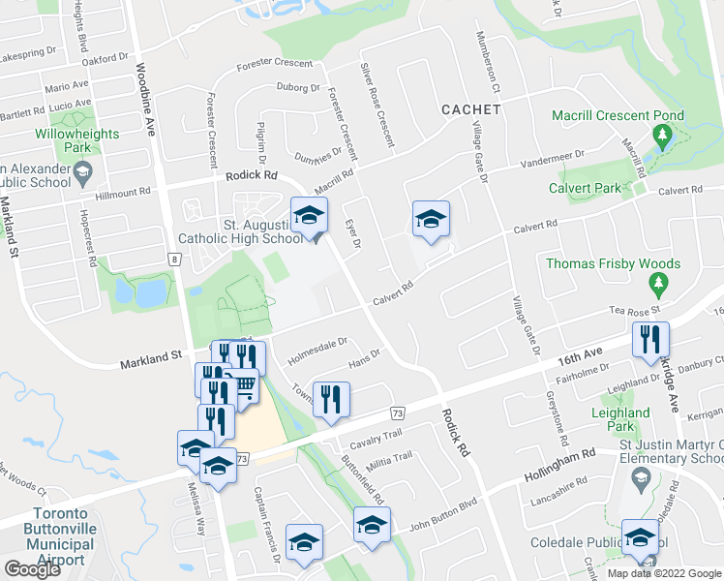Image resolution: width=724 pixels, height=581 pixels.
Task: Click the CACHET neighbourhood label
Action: click(470, 109)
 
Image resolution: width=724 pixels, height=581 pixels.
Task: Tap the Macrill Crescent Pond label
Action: click(618, 115)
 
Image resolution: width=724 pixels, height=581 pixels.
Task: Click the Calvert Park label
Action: click(584, 188)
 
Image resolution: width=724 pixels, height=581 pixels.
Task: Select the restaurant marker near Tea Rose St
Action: click(648, 341)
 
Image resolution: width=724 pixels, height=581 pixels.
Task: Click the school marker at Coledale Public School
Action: click(640, 540)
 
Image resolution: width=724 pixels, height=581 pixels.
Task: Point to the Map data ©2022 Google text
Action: click(663, 572)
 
